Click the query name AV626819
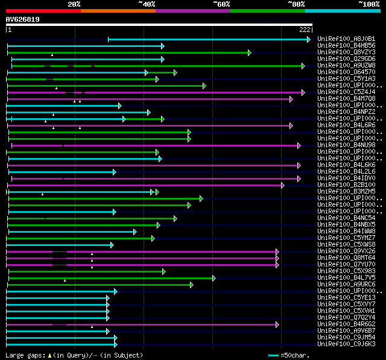tap(23, 19)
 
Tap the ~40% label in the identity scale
tap(147, 4)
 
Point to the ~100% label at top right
tap(369, 4)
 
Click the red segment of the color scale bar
tap(43, 11)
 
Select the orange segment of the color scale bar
tap(118, 11)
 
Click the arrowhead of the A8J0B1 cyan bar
tap(309, 39)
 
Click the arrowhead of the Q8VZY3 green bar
tap(249, 52)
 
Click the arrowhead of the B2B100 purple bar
tap(282, 185)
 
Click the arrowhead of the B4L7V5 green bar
tap(214, 278)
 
